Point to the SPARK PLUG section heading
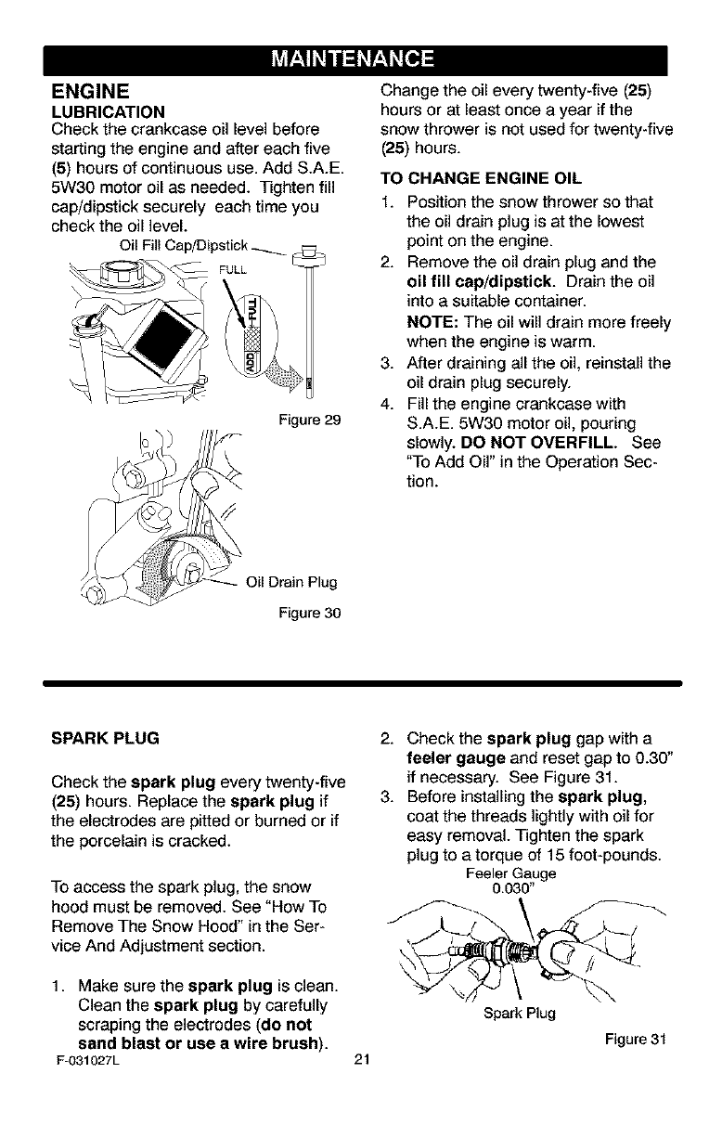point(106,738)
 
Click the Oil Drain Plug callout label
point(290,583)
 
